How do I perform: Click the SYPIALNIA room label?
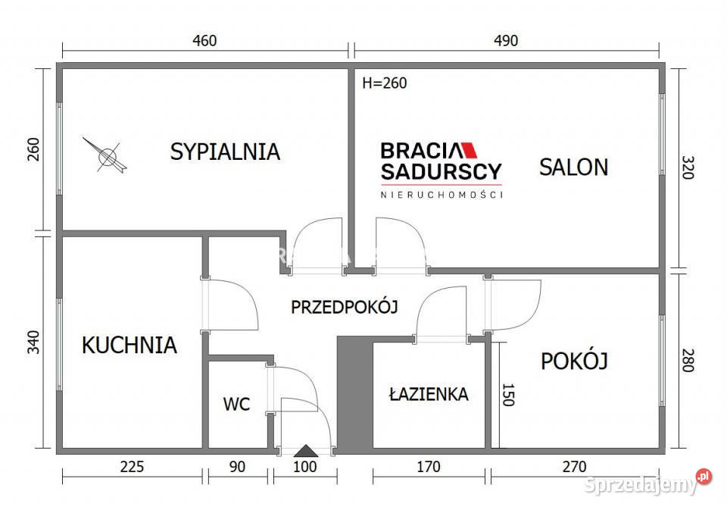225,152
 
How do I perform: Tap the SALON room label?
573,167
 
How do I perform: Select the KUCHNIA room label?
129,346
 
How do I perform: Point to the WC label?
236,405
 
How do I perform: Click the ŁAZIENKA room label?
429,394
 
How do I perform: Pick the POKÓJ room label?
574,361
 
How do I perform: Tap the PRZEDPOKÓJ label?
345,307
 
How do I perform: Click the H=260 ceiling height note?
384,83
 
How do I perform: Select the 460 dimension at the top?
204,41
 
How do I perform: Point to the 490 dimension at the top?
506,41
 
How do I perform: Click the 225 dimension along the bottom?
132,467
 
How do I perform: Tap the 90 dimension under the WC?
237,467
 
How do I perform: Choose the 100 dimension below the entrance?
305,467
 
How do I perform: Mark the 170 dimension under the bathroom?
429,467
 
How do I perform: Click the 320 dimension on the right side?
688,167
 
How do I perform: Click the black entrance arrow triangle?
305,451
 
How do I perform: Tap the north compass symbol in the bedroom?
108,155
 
